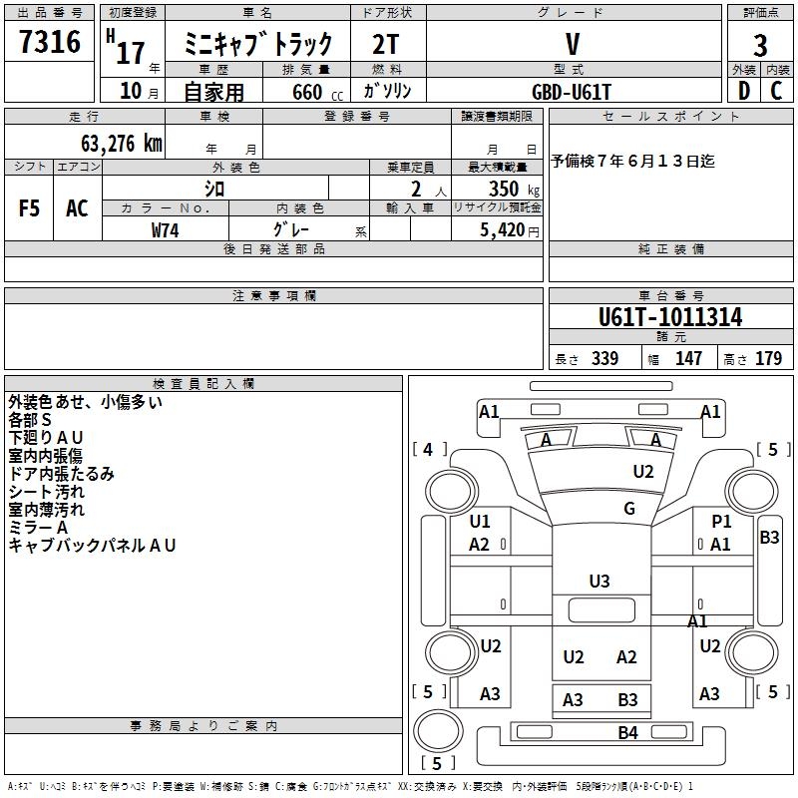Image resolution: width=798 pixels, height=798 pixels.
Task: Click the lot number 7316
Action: coord(50,44)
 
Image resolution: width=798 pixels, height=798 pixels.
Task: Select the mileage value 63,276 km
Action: coord(122,143)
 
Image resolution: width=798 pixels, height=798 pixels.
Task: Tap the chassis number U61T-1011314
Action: coord(670,317)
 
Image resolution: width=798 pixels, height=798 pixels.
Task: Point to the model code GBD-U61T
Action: coord(572,91)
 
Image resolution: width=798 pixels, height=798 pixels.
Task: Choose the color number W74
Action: coord(166,229)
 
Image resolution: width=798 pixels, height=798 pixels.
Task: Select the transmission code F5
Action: coord(30,208)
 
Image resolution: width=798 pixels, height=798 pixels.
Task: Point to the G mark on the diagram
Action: coord(629,509)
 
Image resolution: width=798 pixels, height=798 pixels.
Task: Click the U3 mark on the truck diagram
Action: coord(599,581)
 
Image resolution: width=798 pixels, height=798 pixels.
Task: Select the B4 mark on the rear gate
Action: coord(627,733)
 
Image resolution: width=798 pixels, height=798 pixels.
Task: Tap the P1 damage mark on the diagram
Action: coord(721,521)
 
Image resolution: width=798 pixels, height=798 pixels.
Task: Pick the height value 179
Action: coord(769,359)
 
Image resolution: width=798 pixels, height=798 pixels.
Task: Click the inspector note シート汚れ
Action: coord(47,492)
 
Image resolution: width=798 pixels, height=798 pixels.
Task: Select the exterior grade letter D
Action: coord(744,91)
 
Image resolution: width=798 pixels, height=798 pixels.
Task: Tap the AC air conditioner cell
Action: coord(77,208)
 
